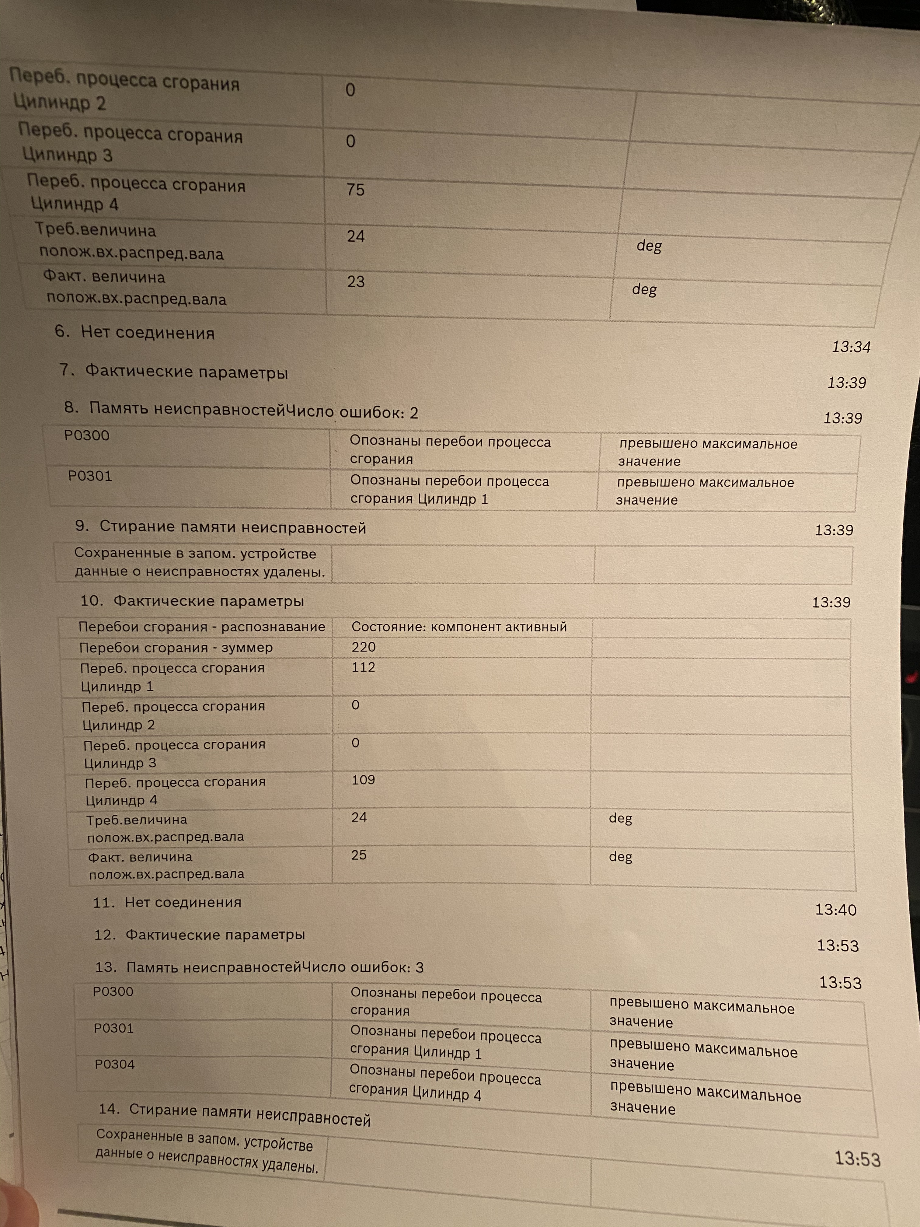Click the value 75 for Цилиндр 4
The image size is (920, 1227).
355,190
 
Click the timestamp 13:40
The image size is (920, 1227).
835,910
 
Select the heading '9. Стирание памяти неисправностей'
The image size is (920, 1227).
221,527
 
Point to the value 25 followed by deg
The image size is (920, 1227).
358,855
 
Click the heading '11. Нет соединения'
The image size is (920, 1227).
167,903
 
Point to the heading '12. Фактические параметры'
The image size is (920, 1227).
200,935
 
